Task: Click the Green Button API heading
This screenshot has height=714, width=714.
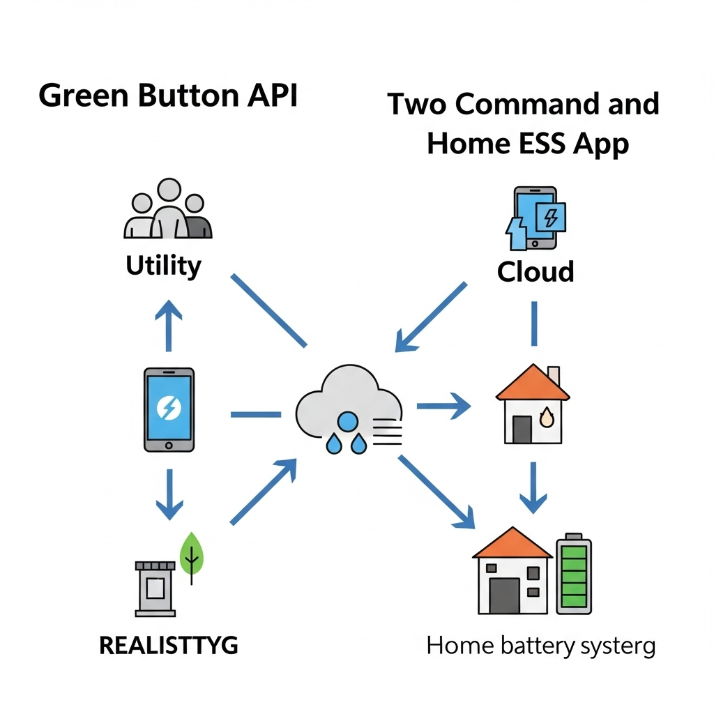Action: point(168,96)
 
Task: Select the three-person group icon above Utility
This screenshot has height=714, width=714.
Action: point(167,208)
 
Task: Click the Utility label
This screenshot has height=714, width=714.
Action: point(164,266)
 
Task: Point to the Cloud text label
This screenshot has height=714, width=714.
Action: point(535,271)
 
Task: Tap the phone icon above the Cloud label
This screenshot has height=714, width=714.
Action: point(535,218)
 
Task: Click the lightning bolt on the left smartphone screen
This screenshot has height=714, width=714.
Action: point(169,407)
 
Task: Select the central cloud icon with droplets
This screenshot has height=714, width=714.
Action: point(349,411)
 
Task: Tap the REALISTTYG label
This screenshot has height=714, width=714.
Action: point(169,646)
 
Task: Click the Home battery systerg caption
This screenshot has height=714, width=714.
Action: point(540,646)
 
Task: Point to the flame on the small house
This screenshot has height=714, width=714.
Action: point(547,418)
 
